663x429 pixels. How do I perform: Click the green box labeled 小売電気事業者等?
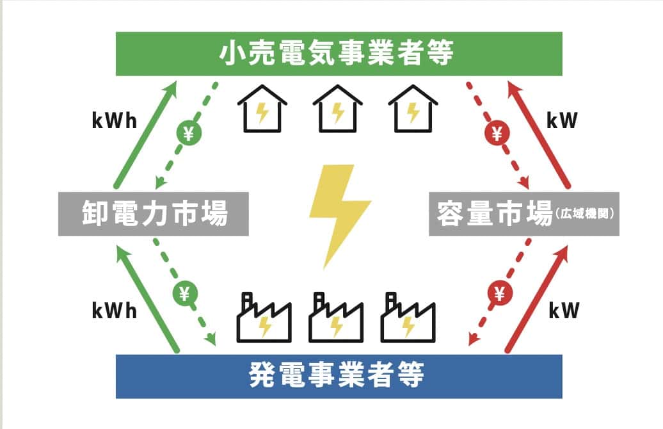[339, 54]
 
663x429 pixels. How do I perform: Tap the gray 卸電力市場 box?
[154, 213]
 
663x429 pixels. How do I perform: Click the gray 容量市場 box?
[493, 213]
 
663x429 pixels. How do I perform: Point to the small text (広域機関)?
[586, 214]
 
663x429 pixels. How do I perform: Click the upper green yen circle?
[189, 133]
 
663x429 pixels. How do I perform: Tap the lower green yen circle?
[184, 293]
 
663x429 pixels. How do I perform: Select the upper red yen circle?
[497, 133]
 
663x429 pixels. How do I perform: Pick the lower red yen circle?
[500, 293]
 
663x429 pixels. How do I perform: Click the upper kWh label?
[115, 121]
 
